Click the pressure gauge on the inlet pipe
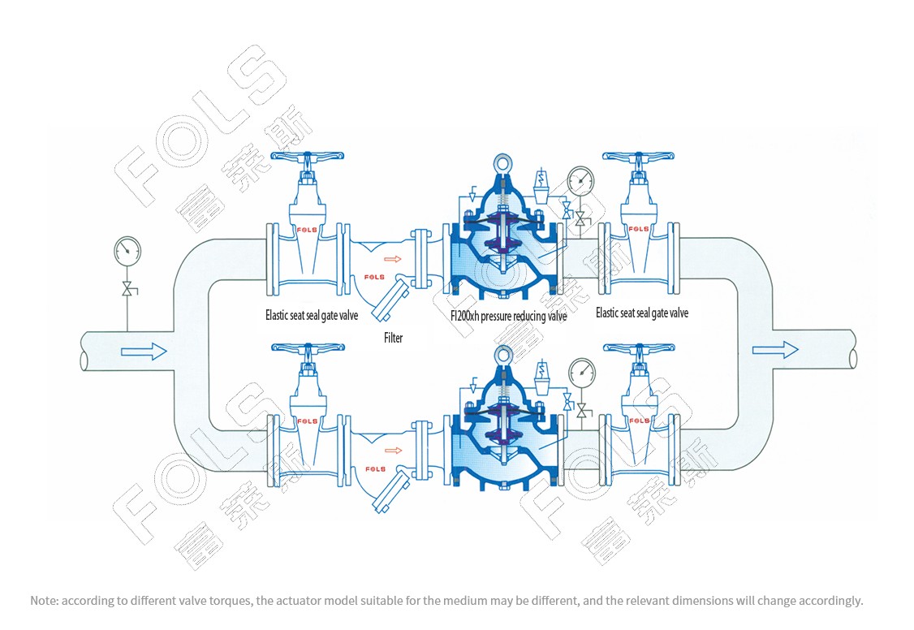(127, 250)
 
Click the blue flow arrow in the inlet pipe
(144, 351)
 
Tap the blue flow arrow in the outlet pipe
(775, 350)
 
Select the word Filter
(393, 338)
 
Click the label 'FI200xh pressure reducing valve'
(508, 316)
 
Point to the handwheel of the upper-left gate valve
(308, 158)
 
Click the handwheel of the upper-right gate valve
(639, 157)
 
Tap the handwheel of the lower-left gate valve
(308, 348)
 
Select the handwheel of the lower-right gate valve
(639, 348)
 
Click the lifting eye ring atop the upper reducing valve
(502, 161)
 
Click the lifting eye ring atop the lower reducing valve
(502, 352)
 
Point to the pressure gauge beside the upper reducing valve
(580, 181)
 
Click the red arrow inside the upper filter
(393, 259)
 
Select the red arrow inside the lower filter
(394, 451)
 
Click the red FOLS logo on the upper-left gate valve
(307, 231)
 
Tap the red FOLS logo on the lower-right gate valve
(640, 421)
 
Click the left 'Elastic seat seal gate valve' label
(312, 315)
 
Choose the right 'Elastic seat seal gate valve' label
(642, 313)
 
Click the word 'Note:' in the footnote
(45, 601)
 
